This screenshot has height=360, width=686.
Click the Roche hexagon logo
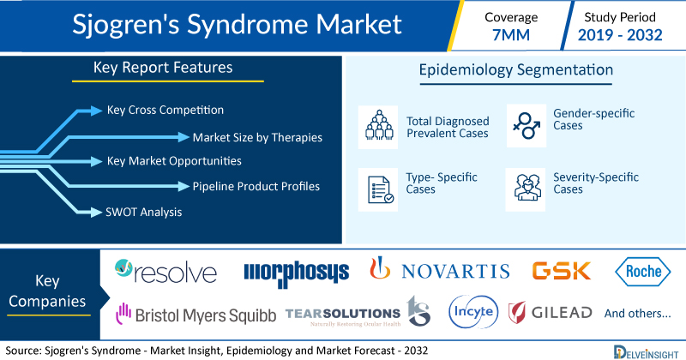(x=642, y=271)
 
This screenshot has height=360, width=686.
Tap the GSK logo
(x=562, y=271)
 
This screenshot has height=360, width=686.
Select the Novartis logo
(x=440, y=269)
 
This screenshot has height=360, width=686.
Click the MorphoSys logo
(x=296, y=273)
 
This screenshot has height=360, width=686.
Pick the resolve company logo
(x=165, y=271)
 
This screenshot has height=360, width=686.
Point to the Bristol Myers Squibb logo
(x=196, y=315)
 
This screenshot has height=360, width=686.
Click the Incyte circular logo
(x=473, y=312)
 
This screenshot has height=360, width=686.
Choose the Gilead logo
(x=550, y=312)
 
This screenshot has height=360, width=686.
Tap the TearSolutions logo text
(x=342, y=314)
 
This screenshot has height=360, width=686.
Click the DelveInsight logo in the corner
(x=646, y=352)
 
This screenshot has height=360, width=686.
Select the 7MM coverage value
(x=511, y=35)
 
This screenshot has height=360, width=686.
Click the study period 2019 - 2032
(x=620, y=35)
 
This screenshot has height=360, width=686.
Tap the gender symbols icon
(x=527, y=125)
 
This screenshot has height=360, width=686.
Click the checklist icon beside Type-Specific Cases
(x=380, y=189)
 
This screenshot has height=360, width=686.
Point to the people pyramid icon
(x=379, y=125)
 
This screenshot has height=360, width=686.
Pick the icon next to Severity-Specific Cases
(x=527, y=188)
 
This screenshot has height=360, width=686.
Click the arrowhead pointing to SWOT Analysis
(x=96, y=213)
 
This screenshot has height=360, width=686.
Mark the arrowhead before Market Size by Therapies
(x=184, y=137)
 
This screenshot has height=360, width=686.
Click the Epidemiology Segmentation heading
(x=516, y=70)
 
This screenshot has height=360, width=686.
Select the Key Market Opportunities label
(x=174, y=161)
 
